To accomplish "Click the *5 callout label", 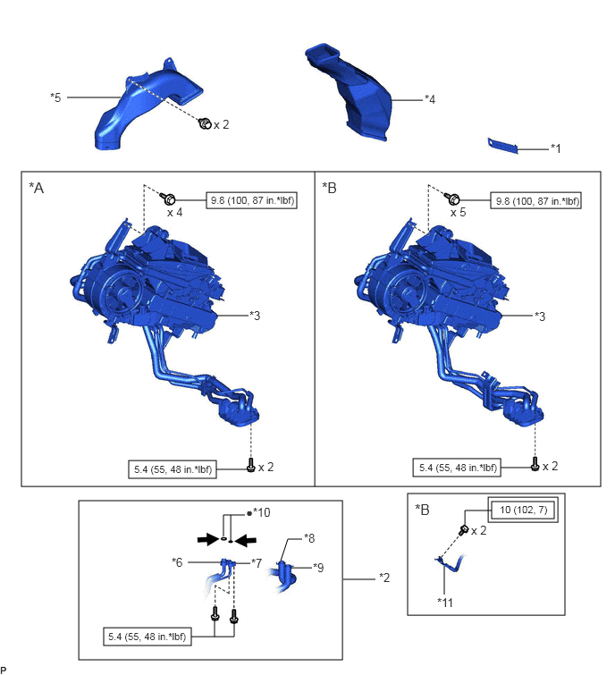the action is tap(55, 97).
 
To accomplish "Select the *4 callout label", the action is tap(430, 99).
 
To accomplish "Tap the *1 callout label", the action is tap(556, 148).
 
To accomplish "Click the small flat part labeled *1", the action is tap(502, 146).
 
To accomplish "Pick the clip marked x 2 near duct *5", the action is tap(205, 123).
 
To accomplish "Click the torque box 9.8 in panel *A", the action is tap(252, 200).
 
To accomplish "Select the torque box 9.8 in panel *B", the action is tap(535, 200).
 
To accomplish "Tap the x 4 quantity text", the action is tap(174, 213).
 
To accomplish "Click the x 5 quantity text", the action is tap(458, 213).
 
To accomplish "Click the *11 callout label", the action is tap(445, 603).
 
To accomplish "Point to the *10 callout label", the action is tap(262, 512).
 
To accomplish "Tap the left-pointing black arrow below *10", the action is tap(245, 540).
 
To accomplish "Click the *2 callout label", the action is tap(384, 578).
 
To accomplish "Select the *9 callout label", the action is tap(318, 568).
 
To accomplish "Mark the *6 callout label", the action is tap(177, 562).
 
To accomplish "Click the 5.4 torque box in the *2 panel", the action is tap(147, 637).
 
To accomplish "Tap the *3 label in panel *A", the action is tap(255, 316).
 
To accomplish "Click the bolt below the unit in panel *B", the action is tap(535, 464).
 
